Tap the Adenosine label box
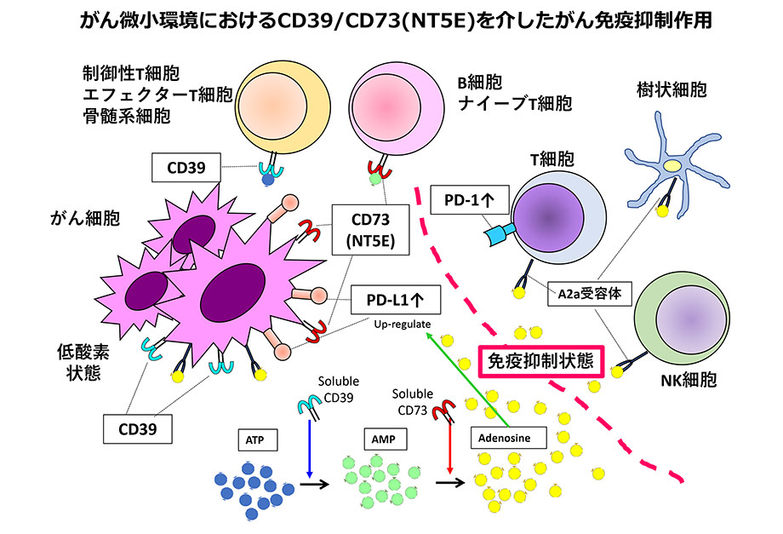pos(508,438)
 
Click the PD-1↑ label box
pos(470,200)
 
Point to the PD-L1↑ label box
pos(396,300)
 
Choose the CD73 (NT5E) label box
pos(370,230)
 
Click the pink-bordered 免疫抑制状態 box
pos(541,361)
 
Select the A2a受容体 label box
pos(590,293)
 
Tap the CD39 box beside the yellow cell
pos(186,167)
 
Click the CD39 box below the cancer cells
pos(138,429)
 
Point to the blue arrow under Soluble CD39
pos(310,449)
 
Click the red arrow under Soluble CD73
pos(450,448)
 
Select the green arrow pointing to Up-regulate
pos(467,380)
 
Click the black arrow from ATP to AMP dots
pos(315,484)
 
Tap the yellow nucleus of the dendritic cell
pos(672,166)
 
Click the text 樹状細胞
pos(672,90)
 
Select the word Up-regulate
pos(403,324)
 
